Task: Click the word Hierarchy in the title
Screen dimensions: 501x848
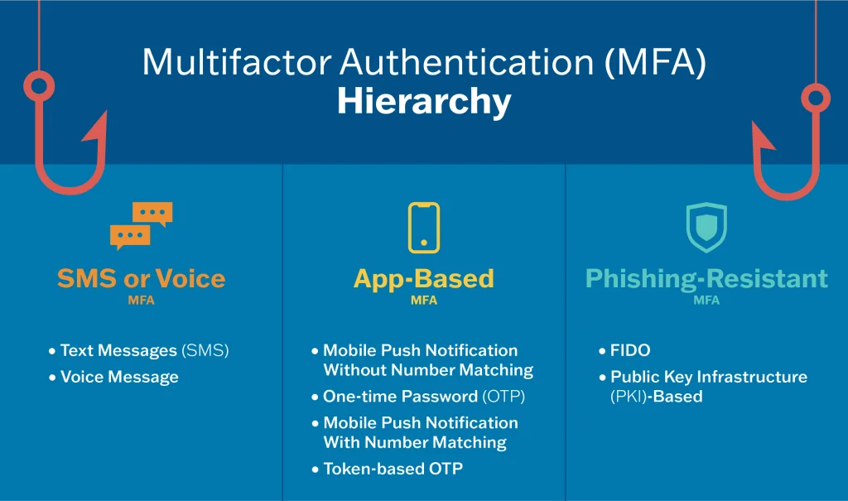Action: pos(423,103)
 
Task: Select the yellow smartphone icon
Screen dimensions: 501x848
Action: pos(423,227)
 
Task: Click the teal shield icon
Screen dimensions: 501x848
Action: pos(706,227)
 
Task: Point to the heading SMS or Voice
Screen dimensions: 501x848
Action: pos(141,278)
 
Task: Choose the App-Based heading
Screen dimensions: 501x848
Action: pos(423,278)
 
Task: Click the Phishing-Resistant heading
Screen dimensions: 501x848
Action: pos(706,278)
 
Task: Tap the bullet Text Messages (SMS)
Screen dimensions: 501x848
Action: pos(144,350)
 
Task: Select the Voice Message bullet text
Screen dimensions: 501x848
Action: pos(119,377)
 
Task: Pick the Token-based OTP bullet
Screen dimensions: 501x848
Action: pos(393,469)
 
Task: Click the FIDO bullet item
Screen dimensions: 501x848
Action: pos(630,350)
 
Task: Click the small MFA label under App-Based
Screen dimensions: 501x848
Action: pos(423,301)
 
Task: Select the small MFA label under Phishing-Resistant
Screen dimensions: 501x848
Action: pos(706,301)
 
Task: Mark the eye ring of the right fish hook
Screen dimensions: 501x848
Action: pos(816,99)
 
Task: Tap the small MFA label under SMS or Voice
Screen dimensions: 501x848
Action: pos(141,301)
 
